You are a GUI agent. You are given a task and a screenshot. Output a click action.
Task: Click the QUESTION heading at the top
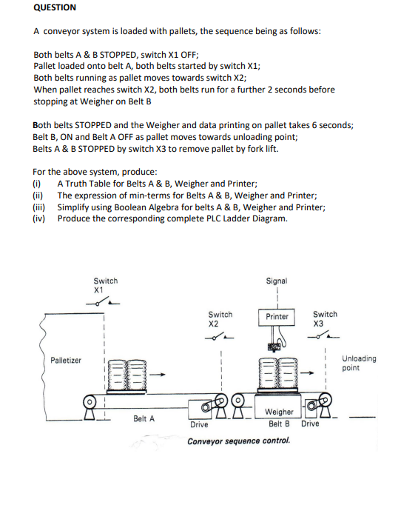[x=55, y=7]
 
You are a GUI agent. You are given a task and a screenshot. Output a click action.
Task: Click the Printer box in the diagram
[x=277, y=316]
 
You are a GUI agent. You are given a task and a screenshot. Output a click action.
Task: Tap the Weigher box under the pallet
[x=278, y=412]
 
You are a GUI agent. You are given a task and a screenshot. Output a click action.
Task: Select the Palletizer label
[x=66, y=360]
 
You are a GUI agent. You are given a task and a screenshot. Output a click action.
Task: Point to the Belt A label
[x=144, y=418]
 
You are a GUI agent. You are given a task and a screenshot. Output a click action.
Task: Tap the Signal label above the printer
[x=277, y=281]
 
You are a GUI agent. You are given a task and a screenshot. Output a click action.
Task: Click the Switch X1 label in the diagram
[x=105, y=285]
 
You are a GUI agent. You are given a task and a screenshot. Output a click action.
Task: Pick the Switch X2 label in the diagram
[x=220, y=319]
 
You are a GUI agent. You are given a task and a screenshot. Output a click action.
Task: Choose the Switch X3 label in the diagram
[x=325, y=318]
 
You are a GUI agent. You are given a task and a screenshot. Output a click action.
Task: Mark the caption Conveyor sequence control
[x=238, y=441]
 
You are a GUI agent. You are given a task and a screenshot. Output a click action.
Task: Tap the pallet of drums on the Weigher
[x=277, y=376]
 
